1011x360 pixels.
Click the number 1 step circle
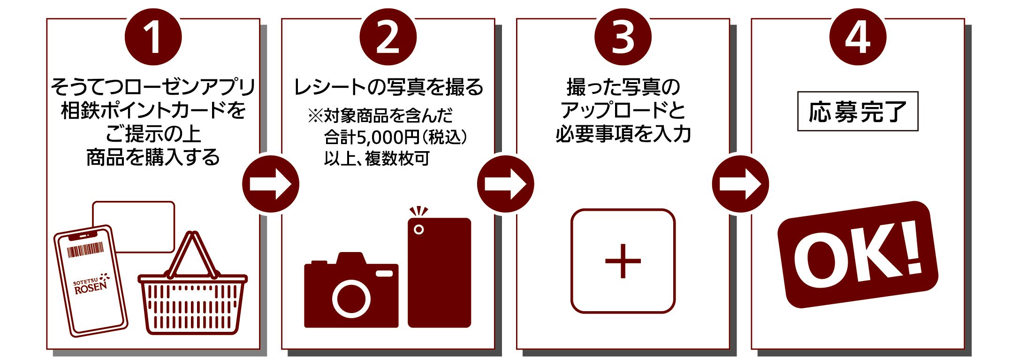point(153,37)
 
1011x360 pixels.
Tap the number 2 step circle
point(388,37)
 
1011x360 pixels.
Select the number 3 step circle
point(623,37)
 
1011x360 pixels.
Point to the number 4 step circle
point(858,37)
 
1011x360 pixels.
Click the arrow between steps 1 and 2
point(271,184)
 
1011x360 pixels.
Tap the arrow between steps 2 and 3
point(506,184)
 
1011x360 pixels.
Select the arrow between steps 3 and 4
point(741,184)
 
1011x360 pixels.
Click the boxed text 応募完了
point(858,111)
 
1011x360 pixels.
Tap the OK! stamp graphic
point(858,254)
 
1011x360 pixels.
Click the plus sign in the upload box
point(623,261)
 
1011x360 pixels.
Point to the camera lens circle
point(351,299)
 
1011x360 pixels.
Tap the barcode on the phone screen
point(85,250)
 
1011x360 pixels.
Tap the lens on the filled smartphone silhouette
point(418,230)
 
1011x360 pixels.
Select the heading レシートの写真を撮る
point(388,87)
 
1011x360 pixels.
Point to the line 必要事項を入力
point(623,134)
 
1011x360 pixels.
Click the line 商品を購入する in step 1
point(153,157)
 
